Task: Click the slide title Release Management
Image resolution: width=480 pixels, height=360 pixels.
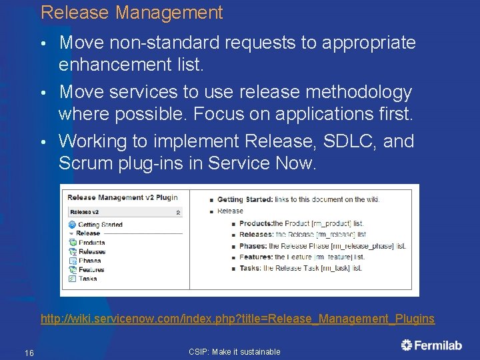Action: (131, 13)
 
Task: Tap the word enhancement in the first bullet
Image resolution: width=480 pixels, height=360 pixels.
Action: (115, 65)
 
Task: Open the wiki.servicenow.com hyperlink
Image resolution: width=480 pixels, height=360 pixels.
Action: (237, 319)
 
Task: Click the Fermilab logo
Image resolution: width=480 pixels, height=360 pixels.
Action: (431, 345)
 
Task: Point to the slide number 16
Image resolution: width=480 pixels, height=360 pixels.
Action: (29, 353)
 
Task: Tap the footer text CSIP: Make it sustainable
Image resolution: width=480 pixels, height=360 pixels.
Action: (235, 352)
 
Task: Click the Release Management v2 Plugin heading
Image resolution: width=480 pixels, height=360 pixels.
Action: (122, 198)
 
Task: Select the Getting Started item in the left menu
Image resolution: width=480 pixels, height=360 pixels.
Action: (100, 225)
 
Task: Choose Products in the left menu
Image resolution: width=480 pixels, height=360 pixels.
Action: (92, 243)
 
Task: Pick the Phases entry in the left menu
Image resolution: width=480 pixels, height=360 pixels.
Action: (90, 261)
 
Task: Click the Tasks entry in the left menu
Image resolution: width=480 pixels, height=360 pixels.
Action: (88, 279)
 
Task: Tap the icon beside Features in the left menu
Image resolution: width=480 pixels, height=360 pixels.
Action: (73, 270)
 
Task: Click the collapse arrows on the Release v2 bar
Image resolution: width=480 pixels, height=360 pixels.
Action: (178, 212)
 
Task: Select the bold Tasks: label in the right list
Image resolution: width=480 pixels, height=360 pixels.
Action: (251, 268)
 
